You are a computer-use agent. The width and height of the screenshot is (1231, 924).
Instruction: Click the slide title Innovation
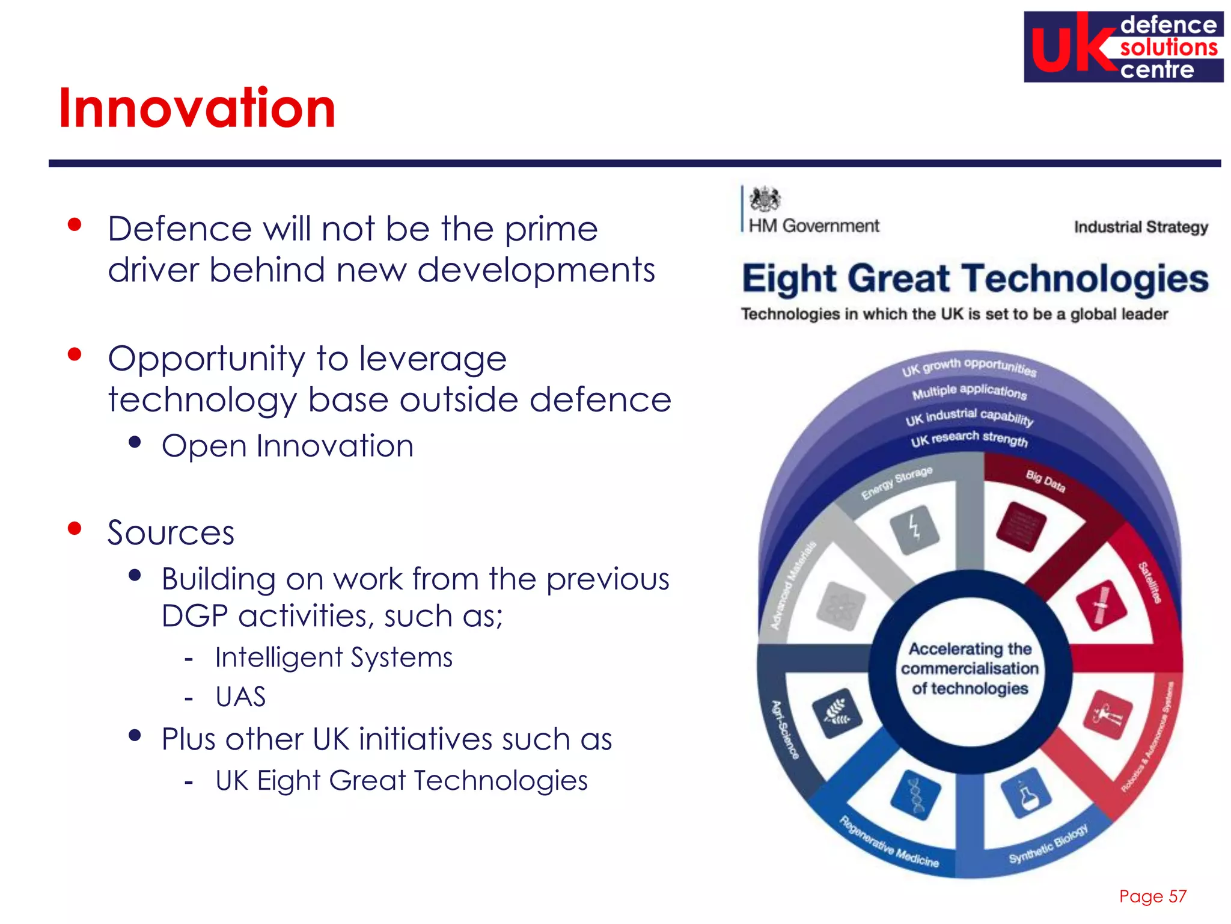click(197, 108)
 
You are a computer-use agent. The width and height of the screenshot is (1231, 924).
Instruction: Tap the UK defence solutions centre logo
click(1123, 47)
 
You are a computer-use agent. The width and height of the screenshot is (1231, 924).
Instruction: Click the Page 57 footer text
click(1152, 896)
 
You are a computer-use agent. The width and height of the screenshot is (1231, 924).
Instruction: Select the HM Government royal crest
click(765, 199)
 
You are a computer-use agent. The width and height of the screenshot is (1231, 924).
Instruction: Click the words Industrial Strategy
click(1140, 227)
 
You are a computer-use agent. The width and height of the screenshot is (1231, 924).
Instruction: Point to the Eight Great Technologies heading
click(974, 279)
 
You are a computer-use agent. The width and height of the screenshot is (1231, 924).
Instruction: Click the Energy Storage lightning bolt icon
click(914, 529)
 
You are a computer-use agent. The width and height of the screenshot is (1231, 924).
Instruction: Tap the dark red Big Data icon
click(1021, 525)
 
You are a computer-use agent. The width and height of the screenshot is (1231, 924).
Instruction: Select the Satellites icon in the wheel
click(1101, 605)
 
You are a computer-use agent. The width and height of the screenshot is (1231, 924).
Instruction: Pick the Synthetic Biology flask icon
click(1026, 793)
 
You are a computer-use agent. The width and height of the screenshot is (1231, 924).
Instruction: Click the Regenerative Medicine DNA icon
click(915, 795)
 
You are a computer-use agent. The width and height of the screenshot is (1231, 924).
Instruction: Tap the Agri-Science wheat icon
click(837, 713)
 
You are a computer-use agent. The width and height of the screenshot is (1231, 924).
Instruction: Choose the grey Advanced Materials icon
click(840, 606)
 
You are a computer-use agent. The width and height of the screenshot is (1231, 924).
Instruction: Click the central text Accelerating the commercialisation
click(970, 668)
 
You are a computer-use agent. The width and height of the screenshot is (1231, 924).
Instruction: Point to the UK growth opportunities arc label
click(968, 365)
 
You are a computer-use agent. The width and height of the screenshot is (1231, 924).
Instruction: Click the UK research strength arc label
click(969, 439)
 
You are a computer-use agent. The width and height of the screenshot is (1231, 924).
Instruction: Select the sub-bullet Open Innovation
click(287, 446)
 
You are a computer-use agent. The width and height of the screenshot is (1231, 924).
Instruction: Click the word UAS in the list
click(240, 697)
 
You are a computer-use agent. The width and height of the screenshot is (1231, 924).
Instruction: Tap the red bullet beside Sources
click(75, 529)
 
